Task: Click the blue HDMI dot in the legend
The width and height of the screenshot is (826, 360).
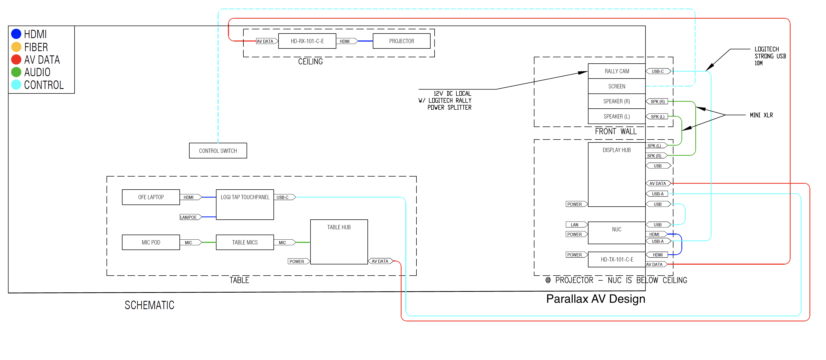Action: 16,34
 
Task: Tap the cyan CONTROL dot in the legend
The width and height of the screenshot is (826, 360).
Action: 16,85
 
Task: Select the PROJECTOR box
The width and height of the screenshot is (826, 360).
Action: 402,41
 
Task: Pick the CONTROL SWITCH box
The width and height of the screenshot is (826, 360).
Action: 218,151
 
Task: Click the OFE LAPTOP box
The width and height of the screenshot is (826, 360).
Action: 151,197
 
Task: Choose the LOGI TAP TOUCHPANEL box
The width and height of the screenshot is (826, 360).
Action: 245,204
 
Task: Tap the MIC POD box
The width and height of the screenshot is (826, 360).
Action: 151,242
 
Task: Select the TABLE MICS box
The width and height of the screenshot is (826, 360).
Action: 245,242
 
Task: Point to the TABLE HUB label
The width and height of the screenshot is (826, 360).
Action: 339,227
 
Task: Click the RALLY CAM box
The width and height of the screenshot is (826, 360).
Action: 617,71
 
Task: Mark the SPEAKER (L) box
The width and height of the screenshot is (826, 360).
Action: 617,116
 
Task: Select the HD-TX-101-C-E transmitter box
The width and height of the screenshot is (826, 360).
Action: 617,259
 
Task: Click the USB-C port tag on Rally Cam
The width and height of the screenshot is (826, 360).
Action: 658,71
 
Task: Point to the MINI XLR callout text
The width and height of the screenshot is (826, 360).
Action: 761,115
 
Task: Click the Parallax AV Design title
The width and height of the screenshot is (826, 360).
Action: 595,299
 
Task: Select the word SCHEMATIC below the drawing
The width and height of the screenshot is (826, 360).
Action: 149,305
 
